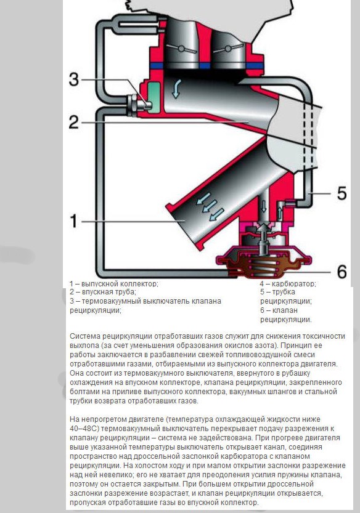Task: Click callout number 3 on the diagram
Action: tap(74, 79)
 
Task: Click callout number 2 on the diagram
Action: tap(74, 122)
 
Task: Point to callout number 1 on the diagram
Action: tap(74, 221)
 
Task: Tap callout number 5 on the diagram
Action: tap(342, 193)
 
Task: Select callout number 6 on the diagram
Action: tap(342, 271)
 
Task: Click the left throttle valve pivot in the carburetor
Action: tap(181, 49)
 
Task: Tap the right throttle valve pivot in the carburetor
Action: tap(227, 49)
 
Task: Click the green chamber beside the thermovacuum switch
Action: tap(154, 97)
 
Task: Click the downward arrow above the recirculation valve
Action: tap(263, 206)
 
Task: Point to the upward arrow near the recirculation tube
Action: tap(280, 212)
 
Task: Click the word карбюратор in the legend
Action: tap(294, 284)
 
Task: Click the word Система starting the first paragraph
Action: tap(85, 336)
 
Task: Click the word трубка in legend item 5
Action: tap(284, 292)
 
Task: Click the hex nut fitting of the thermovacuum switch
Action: tap(133, 105)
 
